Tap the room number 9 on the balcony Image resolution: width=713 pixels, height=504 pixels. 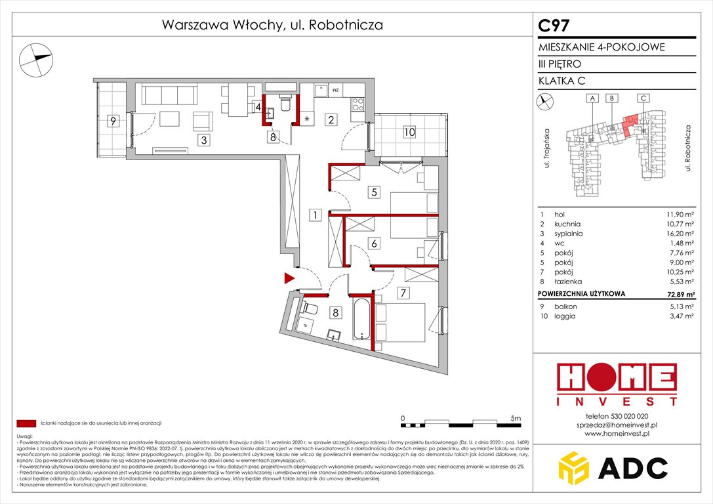113,121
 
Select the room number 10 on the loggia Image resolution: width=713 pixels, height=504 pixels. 409,132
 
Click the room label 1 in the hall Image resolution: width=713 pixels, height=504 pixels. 315,215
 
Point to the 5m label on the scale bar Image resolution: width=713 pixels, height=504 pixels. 516,417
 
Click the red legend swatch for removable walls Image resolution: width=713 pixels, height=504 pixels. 26,423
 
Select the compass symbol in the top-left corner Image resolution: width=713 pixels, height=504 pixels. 36,58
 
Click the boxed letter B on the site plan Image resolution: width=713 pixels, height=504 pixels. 611,98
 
